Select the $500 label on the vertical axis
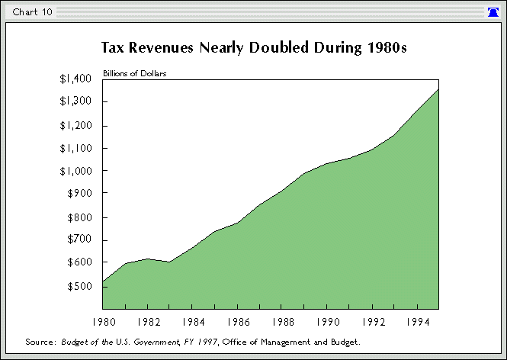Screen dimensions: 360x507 [x=80, y=286]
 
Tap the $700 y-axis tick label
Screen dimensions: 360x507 [x=80, y=239]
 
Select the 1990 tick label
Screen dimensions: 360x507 [x=327, y=322]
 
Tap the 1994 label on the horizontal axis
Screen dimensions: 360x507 [x=417, y=322]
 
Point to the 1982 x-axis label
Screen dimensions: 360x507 [x=148, y=322]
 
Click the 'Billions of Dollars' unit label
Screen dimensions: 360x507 [x=135, y=74]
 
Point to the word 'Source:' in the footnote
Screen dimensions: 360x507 [x=41, y=342]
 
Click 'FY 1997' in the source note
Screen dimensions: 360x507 [x=194, y=342]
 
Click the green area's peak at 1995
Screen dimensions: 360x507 [x=438, y=91]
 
